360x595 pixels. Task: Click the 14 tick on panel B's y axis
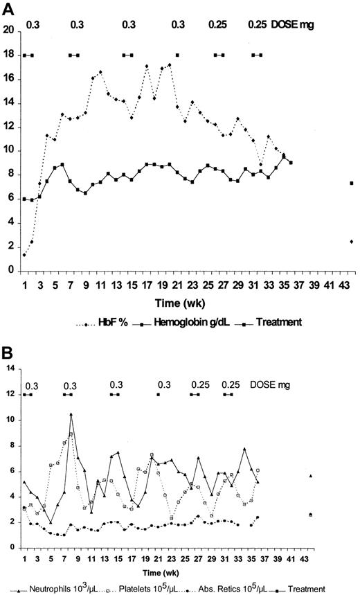pos(10,369)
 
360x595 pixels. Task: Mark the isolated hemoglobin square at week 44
pos(352,183)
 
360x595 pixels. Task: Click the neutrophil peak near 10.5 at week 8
pos(71,414)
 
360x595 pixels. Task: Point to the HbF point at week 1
pos(24,255)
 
